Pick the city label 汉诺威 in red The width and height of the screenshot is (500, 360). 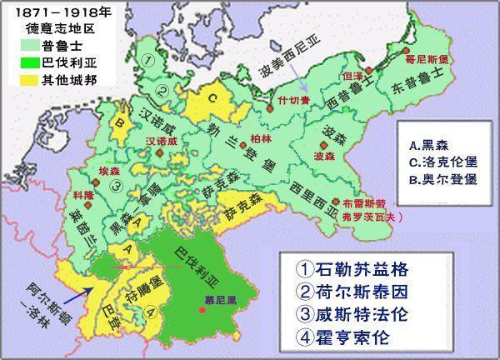click(x=162, y=142)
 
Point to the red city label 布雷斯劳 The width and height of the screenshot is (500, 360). click(x=366, y=202)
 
